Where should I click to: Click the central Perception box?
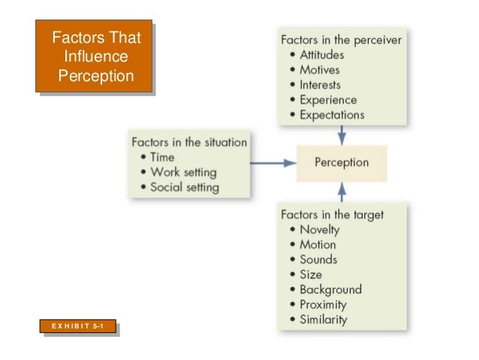point(342,162)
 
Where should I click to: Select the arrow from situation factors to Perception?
point(271,162)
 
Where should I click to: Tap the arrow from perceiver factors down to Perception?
point(342,135)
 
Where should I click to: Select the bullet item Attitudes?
point(321,55)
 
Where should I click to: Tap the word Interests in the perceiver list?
point(320,85)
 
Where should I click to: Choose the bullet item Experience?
point(328,100)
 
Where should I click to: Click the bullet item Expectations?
point(332,115)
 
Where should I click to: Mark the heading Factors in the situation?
point(189,141)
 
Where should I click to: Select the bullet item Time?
point(162,157)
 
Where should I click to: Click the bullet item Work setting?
point(183,172)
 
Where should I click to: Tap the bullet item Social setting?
point(185,187)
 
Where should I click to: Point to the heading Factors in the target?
point(332,214)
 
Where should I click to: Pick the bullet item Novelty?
point(320,229)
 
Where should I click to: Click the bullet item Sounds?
point(318,259)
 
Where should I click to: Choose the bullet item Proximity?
point(323,304)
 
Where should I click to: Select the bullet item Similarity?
point(324,319)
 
